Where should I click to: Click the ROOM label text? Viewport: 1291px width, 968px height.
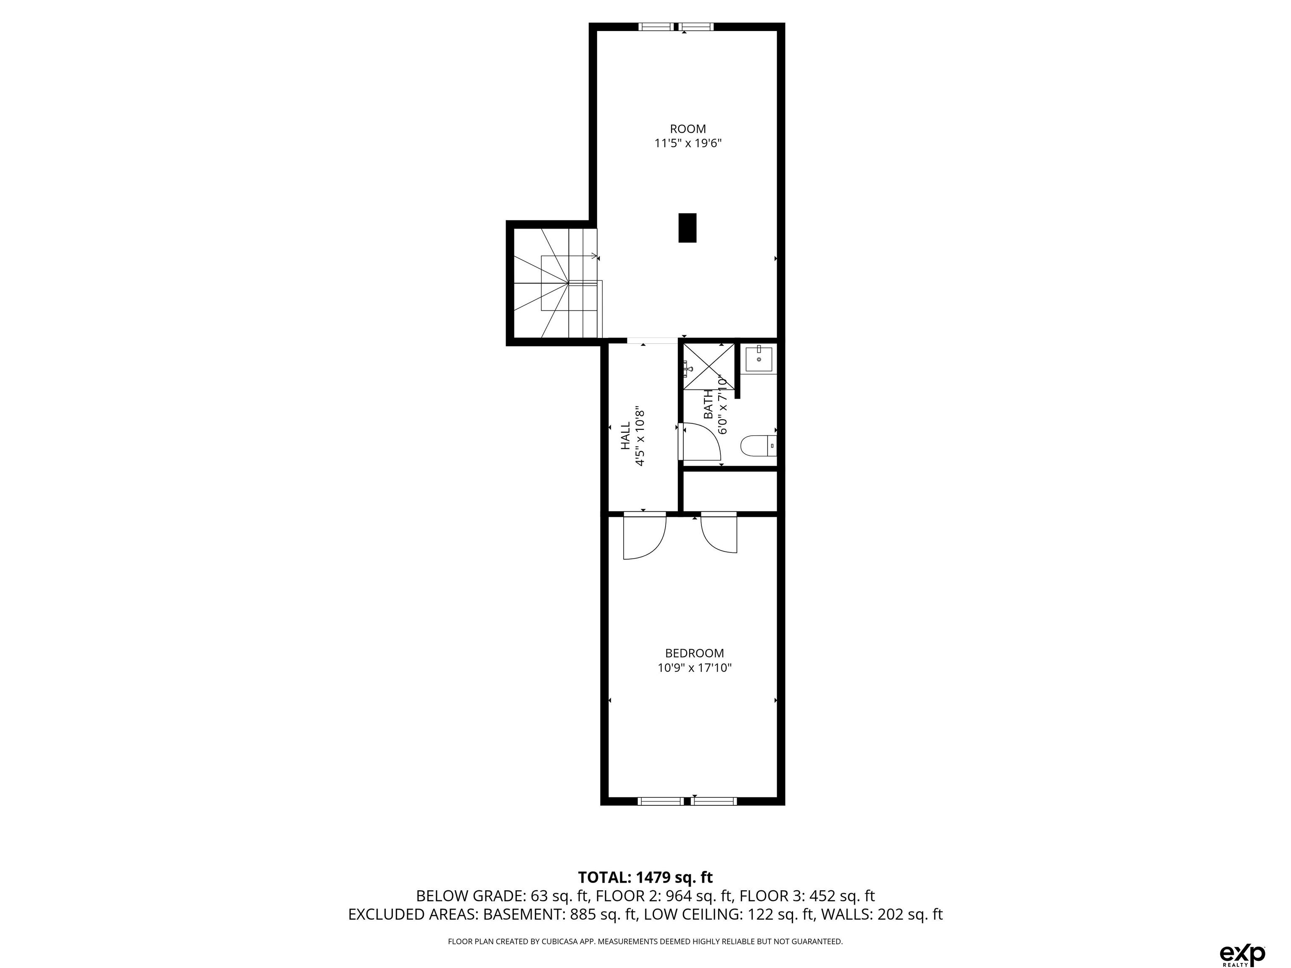pyautogui.click(x=688, y=129)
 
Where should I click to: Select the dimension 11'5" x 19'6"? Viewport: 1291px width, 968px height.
pyautogui.click(x=688, y=144)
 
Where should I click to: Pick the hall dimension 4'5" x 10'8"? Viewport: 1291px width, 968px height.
pyautogui.click(x=640, y=436)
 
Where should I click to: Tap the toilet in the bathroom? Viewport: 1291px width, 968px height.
pyautogui.click(x=758, y=446)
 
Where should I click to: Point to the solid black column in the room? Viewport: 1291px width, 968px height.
pyautogui.click(x=687, y=228)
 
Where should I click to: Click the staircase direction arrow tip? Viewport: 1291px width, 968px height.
pyautogui.click(x=597, y=256)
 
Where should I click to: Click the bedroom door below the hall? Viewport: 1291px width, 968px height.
pyautogui.click(x=645, y=536)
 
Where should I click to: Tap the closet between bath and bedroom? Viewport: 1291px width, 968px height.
pyautogui.click(x=730, y=491)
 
